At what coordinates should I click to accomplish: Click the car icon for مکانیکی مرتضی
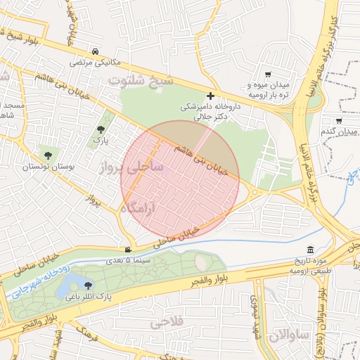[95, 51]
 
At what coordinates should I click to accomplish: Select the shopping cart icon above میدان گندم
[339, 120]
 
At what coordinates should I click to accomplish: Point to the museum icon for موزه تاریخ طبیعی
[311, 251]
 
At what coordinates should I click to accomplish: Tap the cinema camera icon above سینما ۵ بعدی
[127, 250]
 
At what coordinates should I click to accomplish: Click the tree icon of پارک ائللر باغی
[88, 285]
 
